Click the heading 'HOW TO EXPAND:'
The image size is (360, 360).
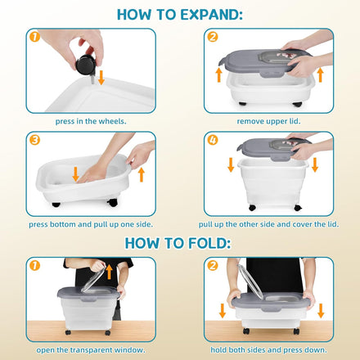click(180, 15)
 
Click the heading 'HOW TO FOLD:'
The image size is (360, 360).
click(178, 243)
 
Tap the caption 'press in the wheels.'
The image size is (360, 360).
click(91, 121)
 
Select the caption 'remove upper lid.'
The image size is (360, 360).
click(268, 121)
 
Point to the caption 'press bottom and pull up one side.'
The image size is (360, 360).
click(91, 224)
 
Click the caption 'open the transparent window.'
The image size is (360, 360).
click(91, 350)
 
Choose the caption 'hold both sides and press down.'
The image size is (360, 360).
click(268, 350)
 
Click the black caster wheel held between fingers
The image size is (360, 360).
click(85, 65)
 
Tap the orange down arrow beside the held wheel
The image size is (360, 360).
click(101, 78)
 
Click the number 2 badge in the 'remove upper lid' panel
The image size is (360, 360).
click(213, 37)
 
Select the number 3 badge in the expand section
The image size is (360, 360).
click(34, 140)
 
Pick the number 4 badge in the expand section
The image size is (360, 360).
click(213, 140)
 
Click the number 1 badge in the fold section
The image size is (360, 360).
click(34, 265)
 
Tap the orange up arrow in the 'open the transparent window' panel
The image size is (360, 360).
click(109, 272)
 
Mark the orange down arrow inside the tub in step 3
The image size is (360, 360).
click(75, 174)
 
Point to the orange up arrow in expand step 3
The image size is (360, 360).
click(142, 175)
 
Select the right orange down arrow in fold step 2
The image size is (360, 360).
click(321, 311)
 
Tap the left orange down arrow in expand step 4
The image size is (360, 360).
click(231, 164)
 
